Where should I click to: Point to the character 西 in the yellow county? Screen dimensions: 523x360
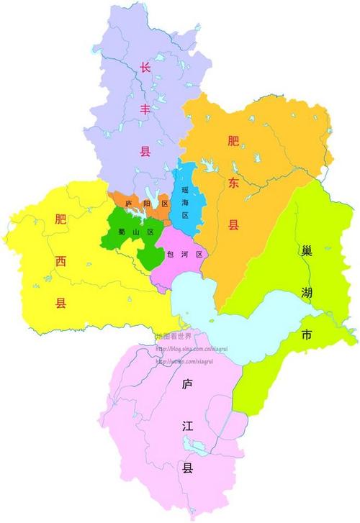point(61,262)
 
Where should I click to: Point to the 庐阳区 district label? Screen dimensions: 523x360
point(147,204)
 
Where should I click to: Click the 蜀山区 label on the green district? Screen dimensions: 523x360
point(136,232)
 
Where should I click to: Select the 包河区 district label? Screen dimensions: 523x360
point(185,255)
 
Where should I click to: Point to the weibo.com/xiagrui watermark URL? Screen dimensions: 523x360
point(186,361)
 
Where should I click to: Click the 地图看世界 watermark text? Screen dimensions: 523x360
point(173,336)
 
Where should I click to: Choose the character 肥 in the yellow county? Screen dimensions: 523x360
point(61,220)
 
